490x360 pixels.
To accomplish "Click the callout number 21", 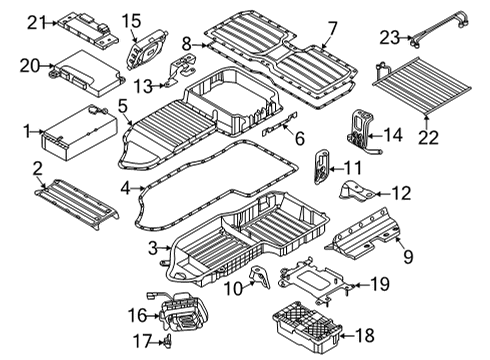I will (36, 21).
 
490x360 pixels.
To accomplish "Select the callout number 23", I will (389, 38).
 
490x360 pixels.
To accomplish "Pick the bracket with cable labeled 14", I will (360, 132).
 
